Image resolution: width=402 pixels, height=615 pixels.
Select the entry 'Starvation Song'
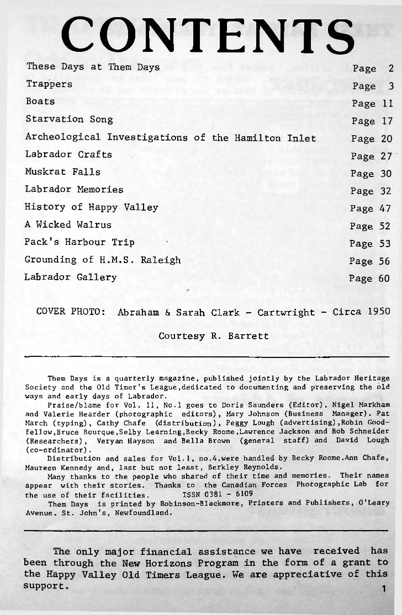(x=69, y=120)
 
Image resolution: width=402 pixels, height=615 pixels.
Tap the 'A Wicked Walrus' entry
(x=68, y=225)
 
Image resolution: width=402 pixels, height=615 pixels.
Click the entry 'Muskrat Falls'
(x=62, y=172)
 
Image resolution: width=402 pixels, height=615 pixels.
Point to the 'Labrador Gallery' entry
(x=71, y=277)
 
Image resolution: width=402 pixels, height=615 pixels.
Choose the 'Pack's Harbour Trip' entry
(x=80, y=243)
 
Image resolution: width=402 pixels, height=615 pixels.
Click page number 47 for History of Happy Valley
(x=385, y=208)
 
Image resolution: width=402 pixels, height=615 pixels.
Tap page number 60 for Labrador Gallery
(x=384, y=279)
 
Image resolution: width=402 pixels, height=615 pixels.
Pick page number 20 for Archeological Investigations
(x=386, y=139)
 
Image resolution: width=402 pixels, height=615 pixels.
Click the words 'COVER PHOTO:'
(x=71, y=312)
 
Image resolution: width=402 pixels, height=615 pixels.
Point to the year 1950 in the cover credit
(x=378, y=311)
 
